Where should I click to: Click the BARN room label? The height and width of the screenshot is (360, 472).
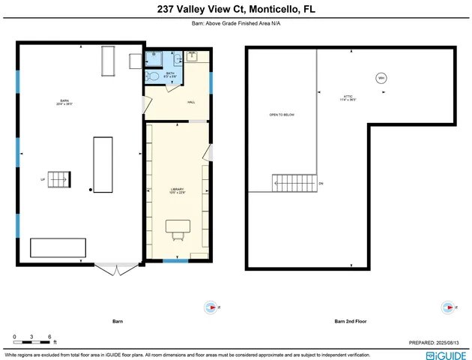point(66,101)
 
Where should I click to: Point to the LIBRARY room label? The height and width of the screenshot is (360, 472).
point(177,190)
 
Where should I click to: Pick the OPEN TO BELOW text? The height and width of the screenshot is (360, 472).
point(282,115)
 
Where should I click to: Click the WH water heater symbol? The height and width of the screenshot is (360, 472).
point(381,78)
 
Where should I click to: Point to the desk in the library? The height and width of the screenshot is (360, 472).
point(178,225)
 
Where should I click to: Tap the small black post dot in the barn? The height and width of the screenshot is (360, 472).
point(91,190)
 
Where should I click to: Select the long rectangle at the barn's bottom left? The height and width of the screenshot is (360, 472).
point(58,247)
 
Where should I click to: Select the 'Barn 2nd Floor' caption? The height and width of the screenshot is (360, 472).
point(350,321)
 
